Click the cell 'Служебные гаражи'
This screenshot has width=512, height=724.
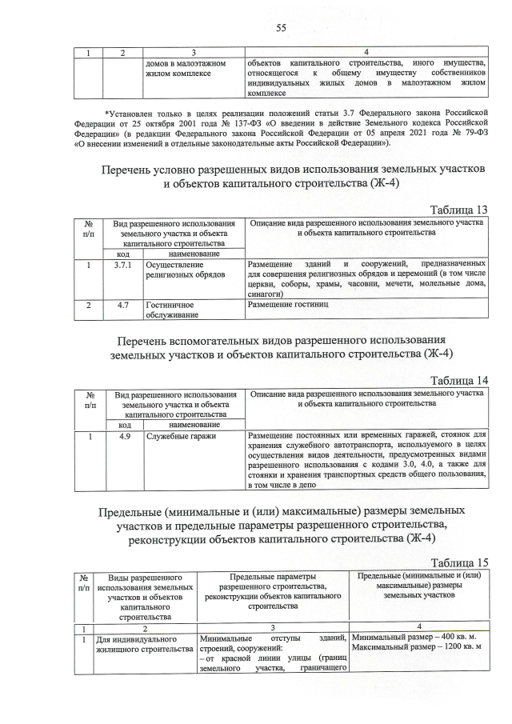[x=175, y=436]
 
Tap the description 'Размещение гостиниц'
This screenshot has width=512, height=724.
[x=288, y=305]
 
